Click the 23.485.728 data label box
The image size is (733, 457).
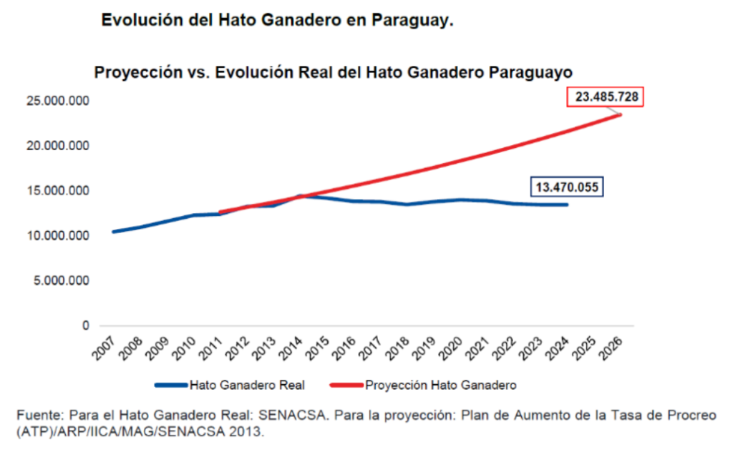pos(606,97)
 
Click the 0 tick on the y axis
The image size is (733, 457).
pos(85,325)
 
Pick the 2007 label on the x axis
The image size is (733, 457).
pos(104,348)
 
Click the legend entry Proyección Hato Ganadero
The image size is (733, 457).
pos(440,385)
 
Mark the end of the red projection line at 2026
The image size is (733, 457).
pos(620,114)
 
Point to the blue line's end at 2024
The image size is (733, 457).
pos(567,205)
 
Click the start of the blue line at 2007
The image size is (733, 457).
pos(113,232)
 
